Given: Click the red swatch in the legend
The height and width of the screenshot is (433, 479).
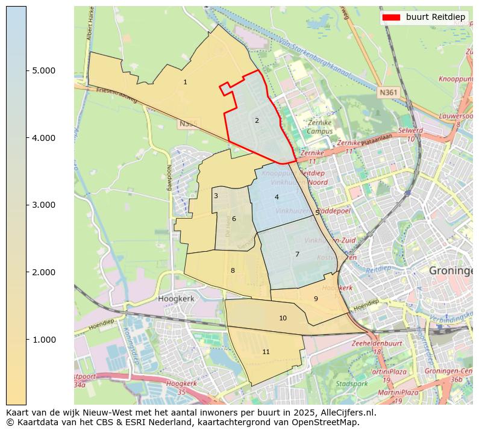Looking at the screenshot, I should [392, 17].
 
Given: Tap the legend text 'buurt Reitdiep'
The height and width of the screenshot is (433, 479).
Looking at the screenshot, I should [435, 17].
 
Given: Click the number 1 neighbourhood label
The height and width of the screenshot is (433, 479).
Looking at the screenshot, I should [185, 82].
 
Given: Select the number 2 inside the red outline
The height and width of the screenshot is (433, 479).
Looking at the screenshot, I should [257, 120].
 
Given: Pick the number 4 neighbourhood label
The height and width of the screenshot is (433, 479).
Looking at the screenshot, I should [277, 197].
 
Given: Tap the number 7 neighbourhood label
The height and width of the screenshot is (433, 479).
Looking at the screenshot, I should [297, 254].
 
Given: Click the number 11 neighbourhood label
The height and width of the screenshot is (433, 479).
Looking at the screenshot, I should [266, 352].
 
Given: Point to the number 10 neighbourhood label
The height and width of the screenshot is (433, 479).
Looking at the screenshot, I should [283, 318].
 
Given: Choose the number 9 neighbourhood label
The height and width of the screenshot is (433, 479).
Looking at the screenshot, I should [315, 299].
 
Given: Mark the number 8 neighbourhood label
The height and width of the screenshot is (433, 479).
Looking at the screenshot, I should [233, 270].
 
